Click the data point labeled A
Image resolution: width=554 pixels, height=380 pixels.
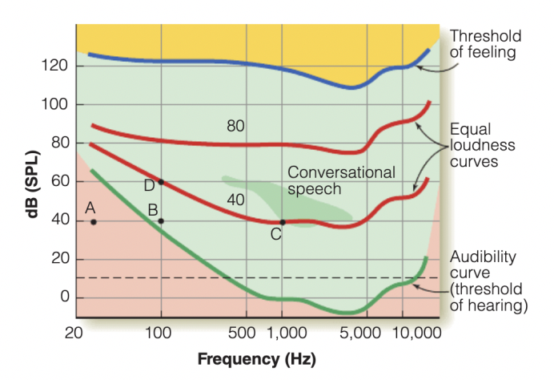click(94, 221)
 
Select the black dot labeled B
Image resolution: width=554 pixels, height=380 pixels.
click(161, 220)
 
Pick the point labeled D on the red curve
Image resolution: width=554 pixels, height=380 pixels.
click(161, 182)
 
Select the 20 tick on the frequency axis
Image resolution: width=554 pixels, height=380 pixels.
click(74, 332)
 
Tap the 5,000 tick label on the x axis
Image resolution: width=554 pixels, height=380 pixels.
click(366, 332)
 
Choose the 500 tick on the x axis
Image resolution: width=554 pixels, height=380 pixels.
click(247, 332)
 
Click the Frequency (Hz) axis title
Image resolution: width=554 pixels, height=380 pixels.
click(256, 358)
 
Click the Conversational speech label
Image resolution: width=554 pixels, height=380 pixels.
click(341, 180)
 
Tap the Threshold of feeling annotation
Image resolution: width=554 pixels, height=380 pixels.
click(485, 44)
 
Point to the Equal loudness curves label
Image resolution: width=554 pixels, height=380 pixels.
click(482, 145)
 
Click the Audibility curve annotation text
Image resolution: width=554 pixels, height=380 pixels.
click(488, 281)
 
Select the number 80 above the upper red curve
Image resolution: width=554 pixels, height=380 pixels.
click(235, 126)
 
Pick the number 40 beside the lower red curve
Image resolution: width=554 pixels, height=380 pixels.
click(235, 200)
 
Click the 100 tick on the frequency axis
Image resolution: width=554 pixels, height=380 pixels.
click(161, 332)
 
